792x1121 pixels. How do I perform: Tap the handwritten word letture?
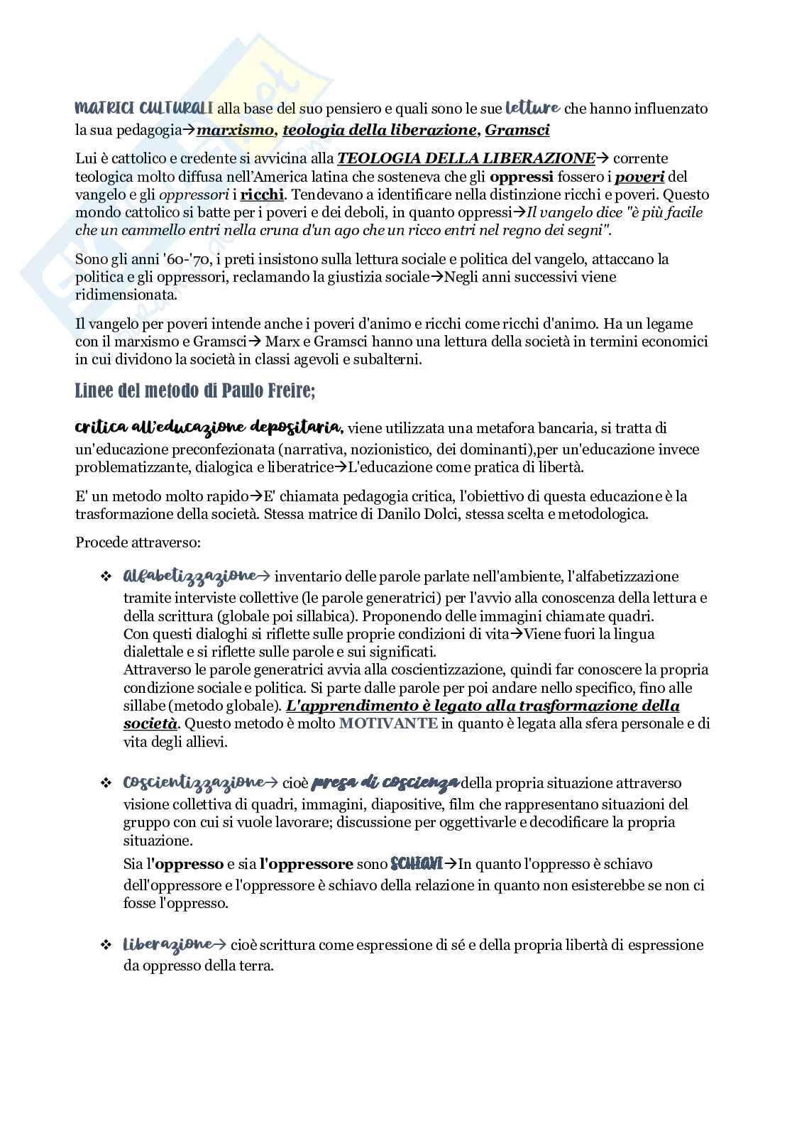coord(532,109)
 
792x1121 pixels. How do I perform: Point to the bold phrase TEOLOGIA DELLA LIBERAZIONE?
coord(466,158)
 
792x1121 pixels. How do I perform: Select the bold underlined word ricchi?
coord(262,195)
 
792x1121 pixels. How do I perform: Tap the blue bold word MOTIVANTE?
coord(388,724)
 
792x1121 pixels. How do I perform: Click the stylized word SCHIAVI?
coord(417,864)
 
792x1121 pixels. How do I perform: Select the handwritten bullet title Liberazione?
coord(168,944)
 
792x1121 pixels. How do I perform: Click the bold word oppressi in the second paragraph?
coord(521,176)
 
